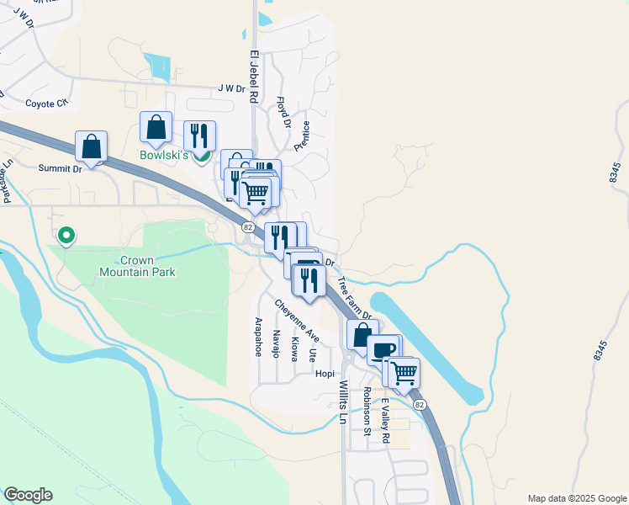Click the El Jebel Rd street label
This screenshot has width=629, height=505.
[251, 76]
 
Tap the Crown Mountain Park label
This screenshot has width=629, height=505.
[137, 266]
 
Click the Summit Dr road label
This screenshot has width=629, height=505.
[60, 168]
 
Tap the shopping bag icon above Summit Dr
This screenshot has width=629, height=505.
[91, 146]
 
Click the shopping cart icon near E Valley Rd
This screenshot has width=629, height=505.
[404, 371]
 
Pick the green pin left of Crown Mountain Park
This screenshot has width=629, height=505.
[66, 236]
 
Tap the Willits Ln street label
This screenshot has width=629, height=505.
[343, 401]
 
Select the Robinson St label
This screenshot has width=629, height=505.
[367, 412]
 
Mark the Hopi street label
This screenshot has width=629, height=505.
[325, 373]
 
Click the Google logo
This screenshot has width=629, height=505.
[28, 495]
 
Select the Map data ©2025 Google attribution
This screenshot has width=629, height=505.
[576, 498]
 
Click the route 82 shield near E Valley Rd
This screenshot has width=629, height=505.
[419, 405]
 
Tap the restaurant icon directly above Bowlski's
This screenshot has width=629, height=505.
[199, 136]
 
